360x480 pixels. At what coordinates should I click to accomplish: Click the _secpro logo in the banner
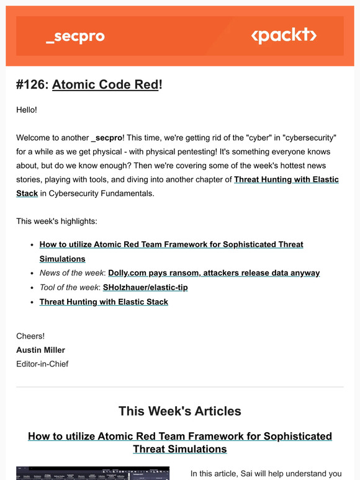(x=75, y=37)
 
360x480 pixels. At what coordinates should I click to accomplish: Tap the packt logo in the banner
(x=283, y=35)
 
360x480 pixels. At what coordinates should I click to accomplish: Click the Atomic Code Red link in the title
(x=105, y=84)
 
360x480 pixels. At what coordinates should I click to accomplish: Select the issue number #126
(x=31, y=84)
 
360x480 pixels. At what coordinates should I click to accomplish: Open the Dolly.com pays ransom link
(x=214, y=273)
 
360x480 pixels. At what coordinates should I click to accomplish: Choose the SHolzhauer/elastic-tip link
(x=145, y=287)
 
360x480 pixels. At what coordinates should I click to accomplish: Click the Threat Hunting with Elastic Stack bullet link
(x=104, y=302)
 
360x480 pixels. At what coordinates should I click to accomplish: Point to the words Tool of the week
(x=68, y=287)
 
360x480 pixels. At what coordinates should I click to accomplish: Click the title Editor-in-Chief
(x=42, y=364)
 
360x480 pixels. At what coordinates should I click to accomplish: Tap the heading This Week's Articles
(x=180, y=411)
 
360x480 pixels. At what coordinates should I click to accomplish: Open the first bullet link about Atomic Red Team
(x=171, y=245)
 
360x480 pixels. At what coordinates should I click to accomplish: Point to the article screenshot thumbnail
(x=92, y=473)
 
